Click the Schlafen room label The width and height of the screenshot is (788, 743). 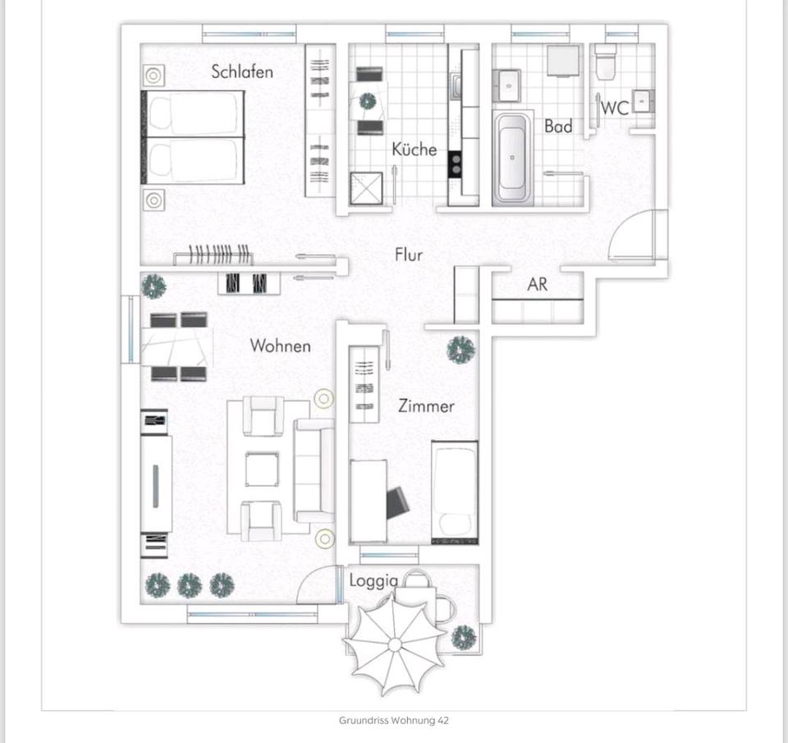(x=242, y=71)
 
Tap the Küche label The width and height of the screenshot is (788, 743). (x=414, y=149)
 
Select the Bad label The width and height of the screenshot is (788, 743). (x=558, y=126)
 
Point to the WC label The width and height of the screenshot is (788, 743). (x=615, y=108)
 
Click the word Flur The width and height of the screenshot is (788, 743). (x=409, y=255)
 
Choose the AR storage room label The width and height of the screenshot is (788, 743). (x=538, y=285)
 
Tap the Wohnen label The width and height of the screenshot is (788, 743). (x=281, y=346)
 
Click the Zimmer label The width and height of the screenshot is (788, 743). (x=426, y=406)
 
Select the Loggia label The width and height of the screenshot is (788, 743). (x=373, y=580)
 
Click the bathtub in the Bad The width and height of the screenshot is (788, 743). (x=512, y=158)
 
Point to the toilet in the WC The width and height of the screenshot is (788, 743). (x=606, y=62)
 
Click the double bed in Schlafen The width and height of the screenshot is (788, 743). (x=195, y=136)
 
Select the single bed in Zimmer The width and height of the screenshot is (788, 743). (x=455, y=493)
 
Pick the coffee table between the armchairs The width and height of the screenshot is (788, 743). (x=262, y=470)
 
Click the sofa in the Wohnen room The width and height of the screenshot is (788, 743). (x=314, y=470)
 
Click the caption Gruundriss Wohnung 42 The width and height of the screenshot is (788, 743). (x=394, y=721)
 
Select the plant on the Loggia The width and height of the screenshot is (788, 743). (x=464, y=636)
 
